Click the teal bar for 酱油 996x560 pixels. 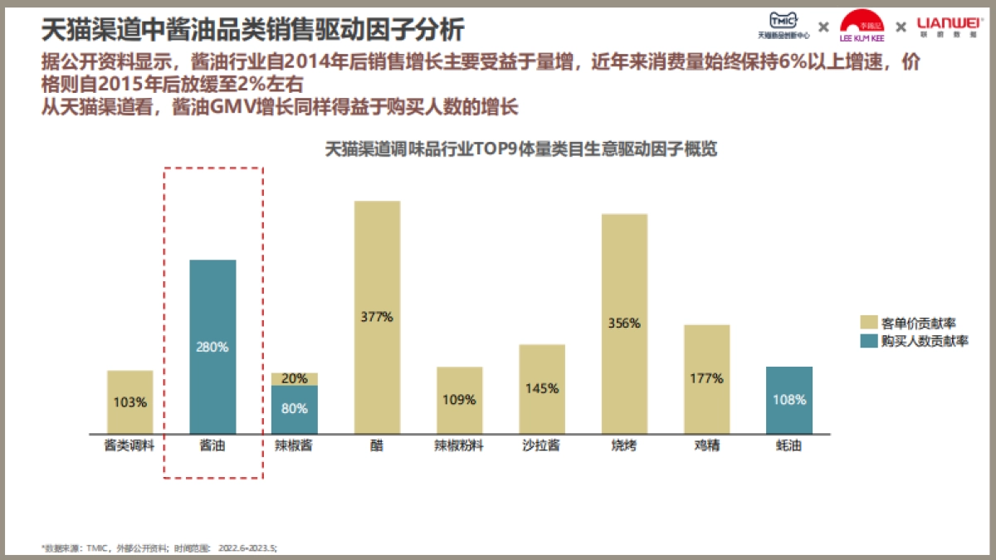click(x=212, y=347)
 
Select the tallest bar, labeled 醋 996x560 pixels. click(x=377, y=317)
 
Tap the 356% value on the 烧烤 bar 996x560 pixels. click(x=624, y=324)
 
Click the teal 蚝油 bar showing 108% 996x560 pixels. click(x=788, y=400)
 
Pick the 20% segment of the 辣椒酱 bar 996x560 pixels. click(x=295, y=379)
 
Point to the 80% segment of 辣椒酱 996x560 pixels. click(x=295, y=409)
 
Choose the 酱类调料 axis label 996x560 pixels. click(x=130, y=446)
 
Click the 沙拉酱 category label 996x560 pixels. click(x=542, y=446)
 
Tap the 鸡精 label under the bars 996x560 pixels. click(x=706, y=446)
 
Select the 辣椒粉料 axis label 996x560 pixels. click(x=459, y=446)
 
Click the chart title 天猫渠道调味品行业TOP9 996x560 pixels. click(x=520, y=150)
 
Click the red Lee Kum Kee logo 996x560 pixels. click(x=862, y=26)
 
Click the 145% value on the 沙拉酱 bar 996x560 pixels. click(x=542, y=388)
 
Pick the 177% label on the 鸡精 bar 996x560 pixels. click(x=706, y=378)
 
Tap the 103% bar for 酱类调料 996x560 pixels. click(x=130, y=402)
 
